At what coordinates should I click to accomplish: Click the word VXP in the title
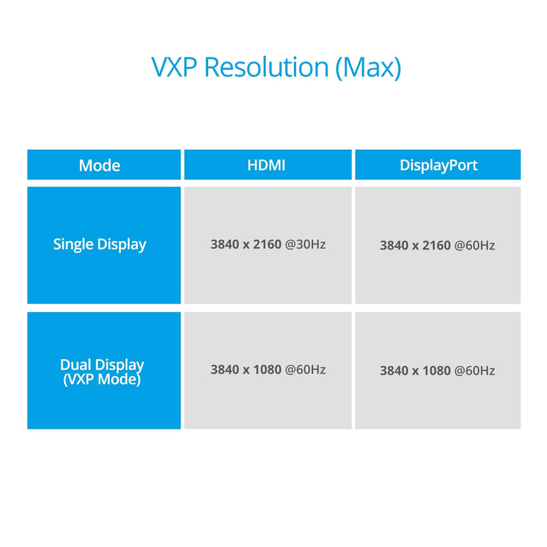174,67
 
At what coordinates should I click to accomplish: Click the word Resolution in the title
267,66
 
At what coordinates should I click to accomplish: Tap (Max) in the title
369,68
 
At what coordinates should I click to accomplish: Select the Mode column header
99,165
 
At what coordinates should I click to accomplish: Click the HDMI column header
266,165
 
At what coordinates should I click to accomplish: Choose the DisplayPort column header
438,165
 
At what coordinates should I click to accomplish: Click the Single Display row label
100,245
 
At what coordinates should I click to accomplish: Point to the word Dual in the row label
76,365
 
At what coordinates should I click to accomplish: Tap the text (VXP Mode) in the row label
102,379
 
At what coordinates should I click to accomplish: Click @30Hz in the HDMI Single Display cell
305,245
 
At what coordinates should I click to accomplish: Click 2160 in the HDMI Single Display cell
267,244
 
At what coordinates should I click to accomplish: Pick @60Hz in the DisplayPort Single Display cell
475,245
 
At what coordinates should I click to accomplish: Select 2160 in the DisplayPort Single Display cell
436,245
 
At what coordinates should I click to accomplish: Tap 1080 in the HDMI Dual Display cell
267,369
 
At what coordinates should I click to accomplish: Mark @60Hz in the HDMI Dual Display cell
305,370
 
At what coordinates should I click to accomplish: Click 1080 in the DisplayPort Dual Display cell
436,371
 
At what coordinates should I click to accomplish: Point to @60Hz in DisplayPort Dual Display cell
475,371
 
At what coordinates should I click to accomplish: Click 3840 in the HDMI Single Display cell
225,244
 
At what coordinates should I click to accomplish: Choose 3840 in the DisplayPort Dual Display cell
394,371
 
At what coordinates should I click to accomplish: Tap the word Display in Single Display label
122,245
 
